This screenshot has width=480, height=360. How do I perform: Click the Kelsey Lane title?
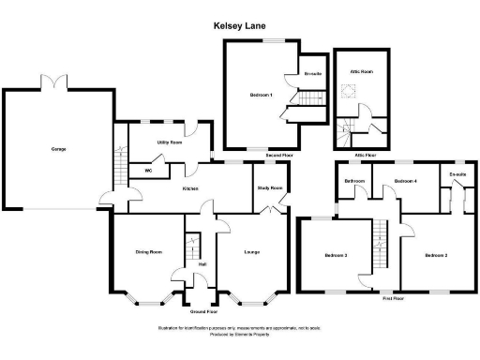pos(239,29)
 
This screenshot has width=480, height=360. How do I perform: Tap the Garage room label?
pos(58,148)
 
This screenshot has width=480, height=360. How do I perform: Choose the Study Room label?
pos(270,188)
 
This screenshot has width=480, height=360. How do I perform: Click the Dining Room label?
pos(149,251)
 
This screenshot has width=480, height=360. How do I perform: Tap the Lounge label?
pos(251,251)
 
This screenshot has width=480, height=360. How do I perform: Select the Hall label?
pos(202,263)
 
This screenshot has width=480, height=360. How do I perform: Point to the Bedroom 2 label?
pos(433,255)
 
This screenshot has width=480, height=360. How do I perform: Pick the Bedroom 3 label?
pos(336,255)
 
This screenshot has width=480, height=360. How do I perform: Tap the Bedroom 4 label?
pos(405,180)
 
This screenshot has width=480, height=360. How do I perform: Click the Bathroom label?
pos(354,180)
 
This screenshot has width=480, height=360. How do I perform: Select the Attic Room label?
pos(362,70)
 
